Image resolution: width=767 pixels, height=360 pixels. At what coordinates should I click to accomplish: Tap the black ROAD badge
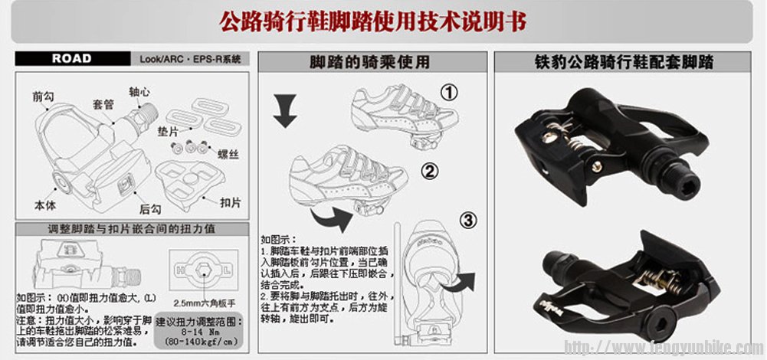pyautogui.click(x=72, y=58)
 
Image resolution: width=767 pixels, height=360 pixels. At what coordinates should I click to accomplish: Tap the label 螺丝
pyautogui.click(x=229, y=154)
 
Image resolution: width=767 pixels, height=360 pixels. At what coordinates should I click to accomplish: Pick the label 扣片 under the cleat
pyautogui.click(x=231, y=203)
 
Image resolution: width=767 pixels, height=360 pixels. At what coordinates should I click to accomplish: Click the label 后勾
pyautogui.click(x=149, y=208)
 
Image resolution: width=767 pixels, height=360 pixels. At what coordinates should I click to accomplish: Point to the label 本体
pyautogui.click(x=46, y=205)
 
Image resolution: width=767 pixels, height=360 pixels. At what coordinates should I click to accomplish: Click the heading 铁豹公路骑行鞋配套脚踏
pyautogui.click(x=625, y=62)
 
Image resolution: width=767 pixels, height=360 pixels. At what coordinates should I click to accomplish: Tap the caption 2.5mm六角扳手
pyautogui.click(x=205, y=301)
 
